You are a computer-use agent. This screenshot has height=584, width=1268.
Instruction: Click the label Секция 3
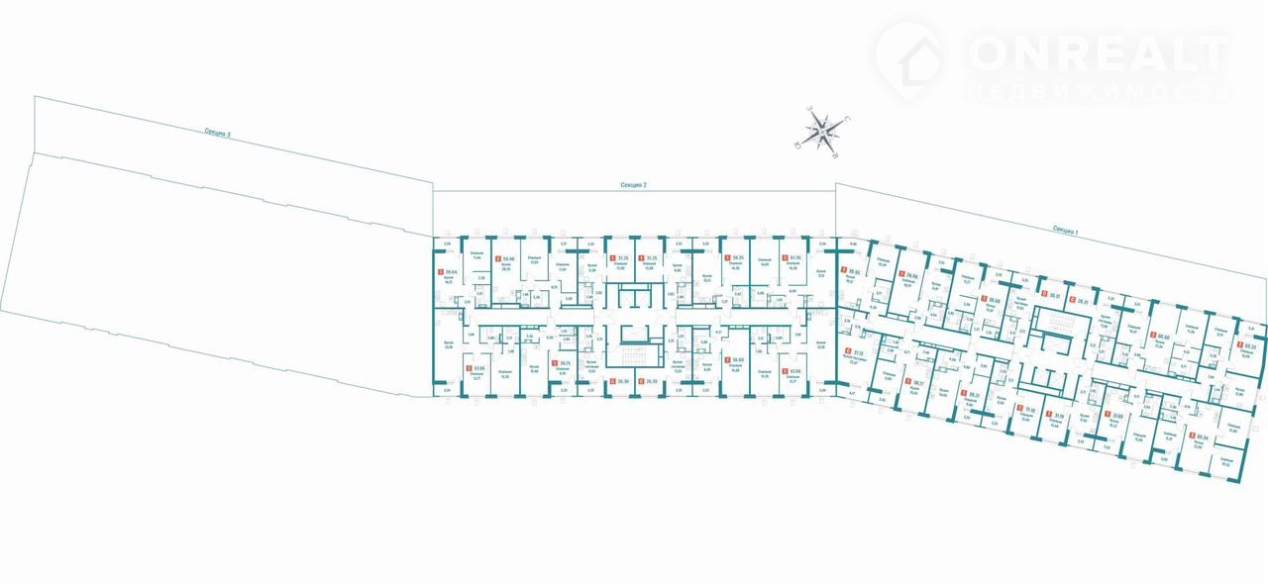coord(217,133)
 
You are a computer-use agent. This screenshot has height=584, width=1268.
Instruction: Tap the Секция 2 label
coord(633,185)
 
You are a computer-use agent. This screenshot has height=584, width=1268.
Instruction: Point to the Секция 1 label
coord(1065,229)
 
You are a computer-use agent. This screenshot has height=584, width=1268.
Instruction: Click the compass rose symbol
coord(824,130)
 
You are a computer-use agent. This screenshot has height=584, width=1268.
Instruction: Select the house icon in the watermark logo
coord(911,56)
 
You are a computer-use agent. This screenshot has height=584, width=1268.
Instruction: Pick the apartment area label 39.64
coord(452,274)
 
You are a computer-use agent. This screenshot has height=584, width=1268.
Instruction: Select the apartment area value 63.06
coord(480,370)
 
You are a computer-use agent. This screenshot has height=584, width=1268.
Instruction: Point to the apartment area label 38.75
coord(564,363)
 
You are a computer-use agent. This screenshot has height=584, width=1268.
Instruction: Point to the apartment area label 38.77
coord(917,381)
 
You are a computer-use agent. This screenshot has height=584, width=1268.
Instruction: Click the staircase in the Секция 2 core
coord(633,352)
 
